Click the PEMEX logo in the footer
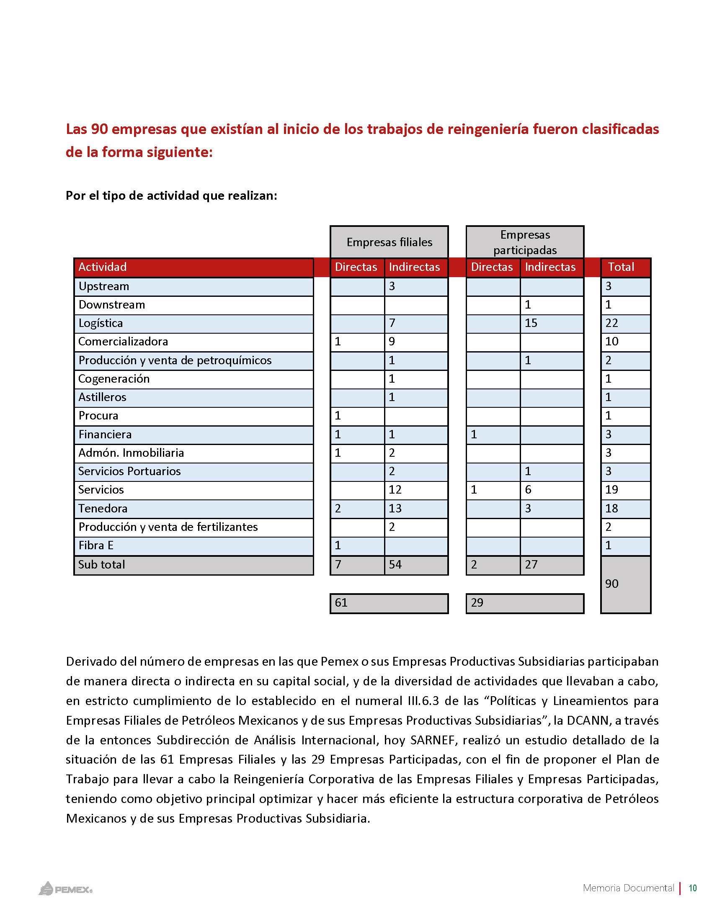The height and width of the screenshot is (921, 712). [x=66, y=889]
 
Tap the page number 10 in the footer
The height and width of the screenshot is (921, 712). [x=693, y=888]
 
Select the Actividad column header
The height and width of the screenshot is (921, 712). [x=103, y=267]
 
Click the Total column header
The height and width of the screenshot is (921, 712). [x=621, y=267]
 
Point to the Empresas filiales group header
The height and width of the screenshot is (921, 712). [x=389, y=242]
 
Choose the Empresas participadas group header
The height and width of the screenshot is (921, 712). [x=525, y=242]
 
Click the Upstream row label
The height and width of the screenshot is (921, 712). [x=104, y=286]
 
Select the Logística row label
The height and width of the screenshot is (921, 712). [x=101, y=323]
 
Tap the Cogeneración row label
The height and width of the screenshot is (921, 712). [x=114, y=379]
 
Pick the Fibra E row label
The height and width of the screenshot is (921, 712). [x=96, y=545]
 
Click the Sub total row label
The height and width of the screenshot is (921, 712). [x=102, y=564]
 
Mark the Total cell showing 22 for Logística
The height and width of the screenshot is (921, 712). [x=611, y=323]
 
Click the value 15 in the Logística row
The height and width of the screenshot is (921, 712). [x=531, y=323]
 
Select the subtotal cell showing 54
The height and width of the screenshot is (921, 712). [x=395, y=564]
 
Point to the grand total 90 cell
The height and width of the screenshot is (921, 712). [x=611, y=584]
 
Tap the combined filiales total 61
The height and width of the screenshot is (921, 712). [x=341, y=602]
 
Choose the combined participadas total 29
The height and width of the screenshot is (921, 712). [x=477, y=602]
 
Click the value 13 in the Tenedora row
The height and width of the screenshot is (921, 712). [x=395, y=508]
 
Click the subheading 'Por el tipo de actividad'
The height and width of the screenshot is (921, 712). [x=171, y=196]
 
